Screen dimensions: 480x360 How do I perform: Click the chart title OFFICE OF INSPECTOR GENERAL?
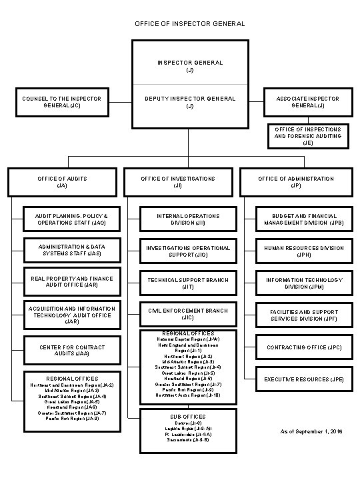180,24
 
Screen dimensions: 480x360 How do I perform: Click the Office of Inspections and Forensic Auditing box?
308,135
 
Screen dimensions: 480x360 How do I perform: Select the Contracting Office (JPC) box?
304,347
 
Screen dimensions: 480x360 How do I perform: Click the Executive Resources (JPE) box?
304,379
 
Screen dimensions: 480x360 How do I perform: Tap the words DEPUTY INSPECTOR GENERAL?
191,99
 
